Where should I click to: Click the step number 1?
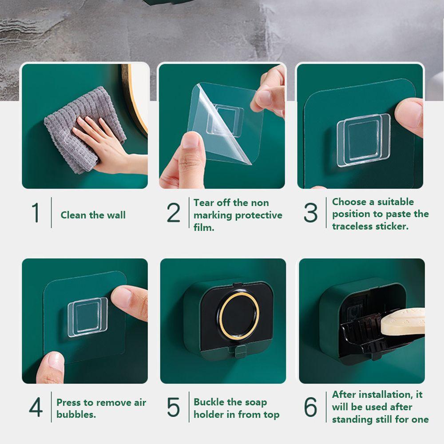pyautogui.click(x=36, y=212)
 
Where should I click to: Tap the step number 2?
pyautogui.click(x=173, y=212)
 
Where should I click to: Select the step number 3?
pyautogui.click(x=311, y=212)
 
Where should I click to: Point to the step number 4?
pyautogui.click(x=36, y=407)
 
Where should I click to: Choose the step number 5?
pyautogui.click(x=173, y=407)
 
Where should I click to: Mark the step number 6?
pyautogui.click(x=311, y=407)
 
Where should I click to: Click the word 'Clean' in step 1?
pyautogui.click(x=73, y=215)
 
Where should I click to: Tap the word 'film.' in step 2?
pyautogui.click(x=204, y=227)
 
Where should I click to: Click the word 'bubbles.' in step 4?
pyautogui.click(x=76, y=414)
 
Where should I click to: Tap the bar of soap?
pyautogui.click(x=403, y=321)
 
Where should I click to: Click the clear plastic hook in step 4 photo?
pyautogui.click(x=88, y=317)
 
